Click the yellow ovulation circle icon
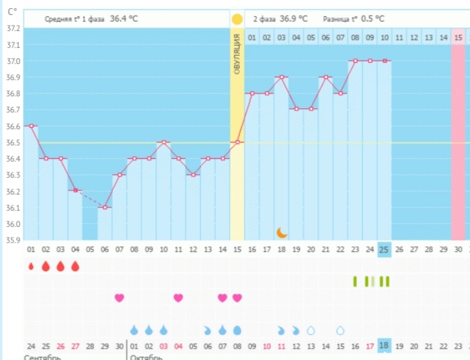click(237, 19)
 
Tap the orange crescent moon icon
click(282, 232)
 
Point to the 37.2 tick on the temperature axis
click(12, 29)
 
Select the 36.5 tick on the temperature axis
click(12, 143)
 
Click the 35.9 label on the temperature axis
click(12, 240)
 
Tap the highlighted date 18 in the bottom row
click(384, 345)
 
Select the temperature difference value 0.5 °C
click(373, 19)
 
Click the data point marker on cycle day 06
click(105, 207)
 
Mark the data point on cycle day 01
click(31, 126)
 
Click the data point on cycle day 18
click(281, 77)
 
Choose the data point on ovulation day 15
click(237, 142)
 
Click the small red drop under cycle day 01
click(31, 266)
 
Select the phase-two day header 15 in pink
click(458, 37)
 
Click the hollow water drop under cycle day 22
click(340, 330)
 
